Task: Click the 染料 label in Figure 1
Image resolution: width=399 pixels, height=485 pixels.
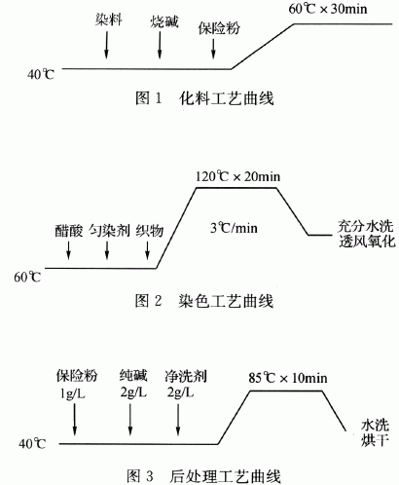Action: click(x=109, y=19)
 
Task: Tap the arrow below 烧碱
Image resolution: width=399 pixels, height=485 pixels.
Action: click(x=160, y=46)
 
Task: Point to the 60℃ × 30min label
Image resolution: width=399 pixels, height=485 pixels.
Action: click(x=328, y=9)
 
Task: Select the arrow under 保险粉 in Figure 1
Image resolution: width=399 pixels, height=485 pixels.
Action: click(x=213, y=49)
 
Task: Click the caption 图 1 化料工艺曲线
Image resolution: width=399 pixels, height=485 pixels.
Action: click(x=204, y=98)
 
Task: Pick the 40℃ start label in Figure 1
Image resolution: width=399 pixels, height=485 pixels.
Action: click(x=41, y=74)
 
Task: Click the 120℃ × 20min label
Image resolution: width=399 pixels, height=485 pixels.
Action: click(x=237, y=176)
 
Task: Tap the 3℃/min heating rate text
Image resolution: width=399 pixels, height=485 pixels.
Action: click(x=234, y=228)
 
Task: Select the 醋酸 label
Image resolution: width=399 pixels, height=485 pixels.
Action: click(x=68, y=231)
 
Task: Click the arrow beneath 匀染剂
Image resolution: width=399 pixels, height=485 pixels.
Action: click(x=107, y=250)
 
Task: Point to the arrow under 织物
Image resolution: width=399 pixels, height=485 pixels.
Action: click(x=147, y=250)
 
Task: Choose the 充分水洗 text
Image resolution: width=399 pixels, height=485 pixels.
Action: click(x=366, y=226)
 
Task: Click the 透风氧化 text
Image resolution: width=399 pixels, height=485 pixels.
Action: click(x=367, y=242)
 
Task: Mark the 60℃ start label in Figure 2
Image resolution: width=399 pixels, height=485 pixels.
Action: click(x=27, y=277)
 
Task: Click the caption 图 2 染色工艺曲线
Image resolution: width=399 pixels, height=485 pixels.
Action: click(x=204, y=301)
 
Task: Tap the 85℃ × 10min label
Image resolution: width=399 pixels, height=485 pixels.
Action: click(x=288, y=378)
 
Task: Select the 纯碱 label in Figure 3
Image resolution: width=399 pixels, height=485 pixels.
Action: click(x=133, y=376)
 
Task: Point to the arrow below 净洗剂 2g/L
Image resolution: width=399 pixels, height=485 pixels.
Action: click(x=178, y=419)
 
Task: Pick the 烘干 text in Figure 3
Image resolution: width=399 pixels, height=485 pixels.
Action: click(x=375, y=440)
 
